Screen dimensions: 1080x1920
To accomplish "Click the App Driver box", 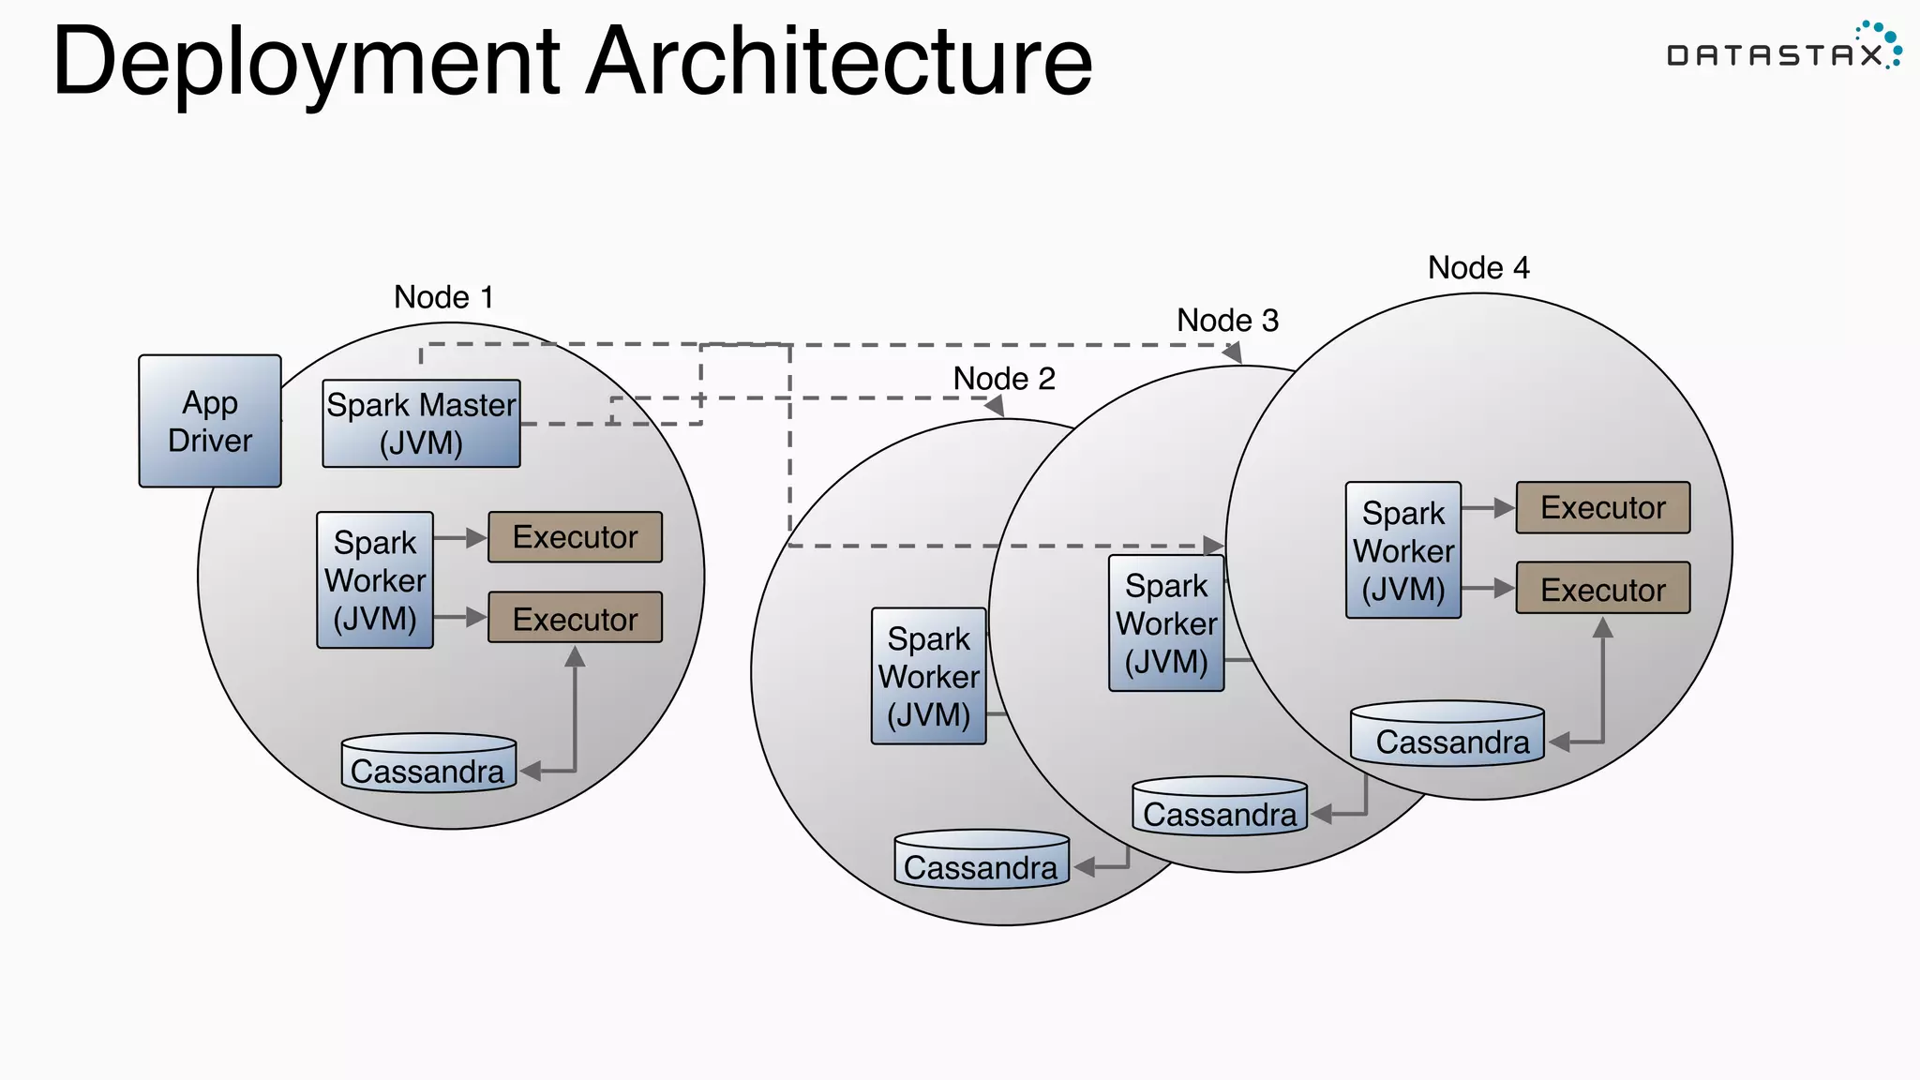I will (x=210, y=421).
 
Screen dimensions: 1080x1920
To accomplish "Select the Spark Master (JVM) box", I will (x=421, y=424).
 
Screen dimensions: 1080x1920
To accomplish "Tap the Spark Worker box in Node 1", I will (x=375, y=580).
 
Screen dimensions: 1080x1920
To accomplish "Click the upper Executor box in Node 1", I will (x=575, y=537).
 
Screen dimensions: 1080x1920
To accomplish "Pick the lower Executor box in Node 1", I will (x=575, y=618).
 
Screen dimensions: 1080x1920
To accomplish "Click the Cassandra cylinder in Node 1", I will (x=428, y=765).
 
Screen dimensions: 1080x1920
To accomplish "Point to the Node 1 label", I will (x=443, y=297).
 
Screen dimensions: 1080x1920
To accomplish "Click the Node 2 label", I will (x=1004, y=379).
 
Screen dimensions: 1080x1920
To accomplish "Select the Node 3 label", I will (x=1227, y=321).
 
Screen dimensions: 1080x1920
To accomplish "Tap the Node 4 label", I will (x=1478, y=268).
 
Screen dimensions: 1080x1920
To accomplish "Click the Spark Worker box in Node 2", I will (x=928, y=677).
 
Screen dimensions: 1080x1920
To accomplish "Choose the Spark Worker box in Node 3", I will (x=1166, y=623).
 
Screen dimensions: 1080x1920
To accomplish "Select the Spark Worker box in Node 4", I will (x=1403, y=551).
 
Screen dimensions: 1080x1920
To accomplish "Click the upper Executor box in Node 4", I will (x=1603, y=508).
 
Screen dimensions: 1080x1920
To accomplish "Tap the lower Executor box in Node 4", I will (x=1603, y=589).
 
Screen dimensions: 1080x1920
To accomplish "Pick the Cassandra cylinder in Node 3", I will (x=1220, y=807).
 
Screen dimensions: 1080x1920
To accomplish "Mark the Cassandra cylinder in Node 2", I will (x=982, y=861).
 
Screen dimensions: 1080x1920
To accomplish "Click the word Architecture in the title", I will (x=839, y=62).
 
